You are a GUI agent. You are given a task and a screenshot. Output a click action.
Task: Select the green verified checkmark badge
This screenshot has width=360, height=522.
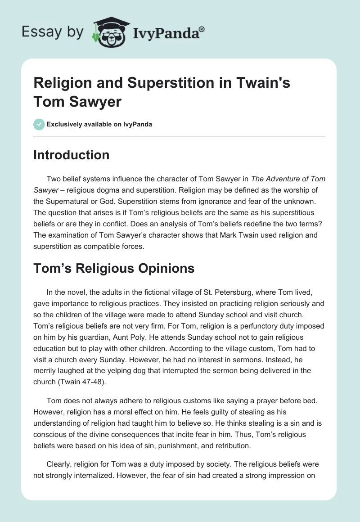tap(39, 124)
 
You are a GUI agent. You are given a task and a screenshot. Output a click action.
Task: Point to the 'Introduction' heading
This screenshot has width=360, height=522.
tap(72, 155)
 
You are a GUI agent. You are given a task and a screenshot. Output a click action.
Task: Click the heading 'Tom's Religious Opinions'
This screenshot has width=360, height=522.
tap(114, 268)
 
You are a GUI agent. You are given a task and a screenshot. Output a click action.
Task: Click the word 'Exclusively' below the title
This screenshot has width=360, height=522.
tap(65, 124)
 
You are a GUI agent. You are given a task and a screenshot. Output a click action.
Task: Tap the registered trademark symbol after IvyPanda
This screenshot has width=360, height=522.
tap(202, 29)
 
